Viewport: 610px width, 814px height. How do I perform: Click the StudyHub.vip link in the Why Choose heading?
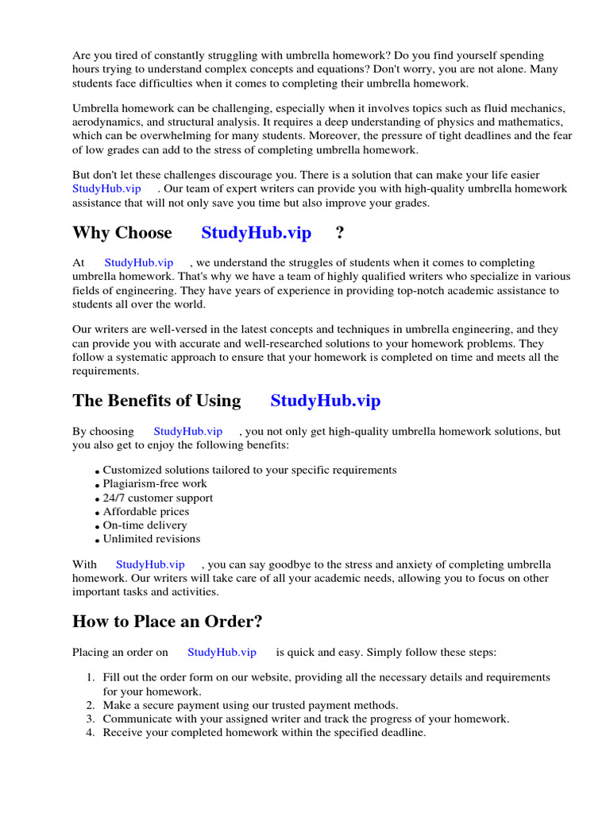(x=256, y=233)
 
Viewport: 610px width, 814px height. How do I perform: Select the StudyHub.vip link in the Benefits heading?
(x=325, y=401)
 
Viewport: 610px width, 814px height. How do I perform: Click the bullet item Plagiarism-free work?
(x=155, y=483)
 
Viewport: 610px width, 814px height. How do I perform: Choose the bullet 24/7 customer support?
(x=158, y=498)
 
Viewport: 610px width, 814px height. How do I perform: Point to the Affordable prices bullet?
(x=146, y=511)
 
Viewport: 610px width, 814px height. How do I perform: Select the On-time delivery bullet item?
(x=145, y=525)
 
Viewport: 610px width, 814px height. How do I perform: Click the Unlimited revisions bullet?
(x=152, y=538)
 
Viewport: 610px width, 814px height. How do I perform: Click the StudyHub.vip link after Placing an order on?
(x=222, y=652)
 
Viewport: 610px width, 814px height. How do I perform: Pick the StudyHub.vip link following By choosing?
(x=187, y=431)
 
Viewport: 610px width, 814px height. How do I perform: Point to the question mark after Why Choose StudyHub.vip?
(x=340, y=233)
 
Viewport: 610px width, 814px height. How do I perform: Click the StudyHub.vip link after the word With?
(x=150, y=564)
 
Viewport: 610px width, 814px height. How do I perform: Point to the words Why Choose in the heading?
(x=122, y=233)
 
